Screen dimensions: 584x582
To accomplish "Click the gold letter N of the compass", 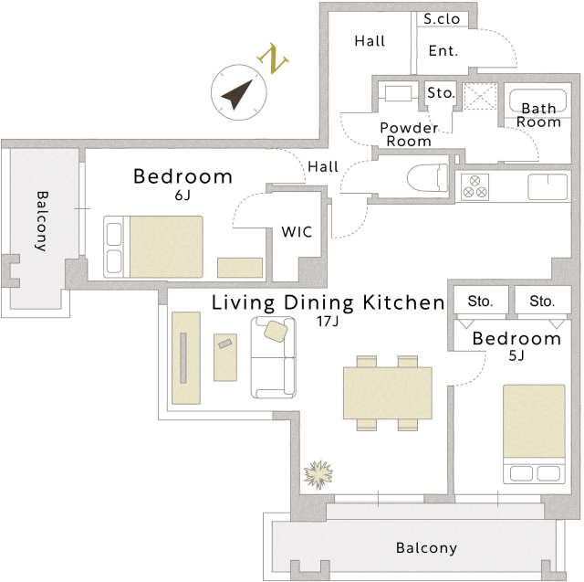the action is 273,58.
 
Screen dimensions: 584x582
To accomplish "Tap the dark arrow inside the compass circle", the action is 238,93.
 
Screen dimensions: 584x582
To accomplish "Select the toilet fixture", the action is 428,178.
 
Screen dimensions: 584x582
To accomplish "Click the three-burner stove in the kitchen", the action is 474,187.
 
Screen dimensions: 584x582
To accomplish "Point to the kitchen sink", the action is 547,186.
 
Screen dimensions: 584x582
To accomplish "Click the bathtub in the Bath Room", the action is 537,101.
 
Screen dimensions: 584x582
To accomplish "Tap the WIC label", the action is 297,232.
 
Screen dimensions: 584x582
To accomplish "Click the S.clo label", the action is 442,19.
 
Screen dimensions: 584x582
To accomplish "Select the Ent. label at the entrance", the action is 443,50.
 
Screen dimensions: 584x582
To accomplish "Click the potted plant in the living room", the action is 318,474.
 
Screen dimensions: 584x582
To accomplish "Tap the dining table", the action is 387,393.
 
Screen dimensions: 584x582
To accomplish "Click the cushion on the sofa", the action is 276,331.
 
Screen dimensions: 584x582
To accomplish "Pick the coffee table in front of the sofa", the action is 225,357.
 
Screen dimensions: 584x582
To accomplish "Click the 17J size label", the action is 328,321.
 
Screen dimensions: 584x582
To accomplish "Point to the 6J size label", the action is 182,195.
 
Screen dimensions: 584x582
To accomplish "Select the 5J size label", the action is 516,355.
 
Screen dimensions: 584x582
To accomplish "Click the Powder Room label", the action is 409,134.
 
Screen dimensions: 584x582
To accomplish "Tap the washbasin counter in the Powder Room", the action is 398,93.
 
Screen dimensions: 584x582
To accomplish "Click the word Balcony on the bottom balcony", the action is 426,548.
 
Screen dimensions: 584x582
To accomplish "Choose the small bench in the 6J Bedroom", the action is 240,268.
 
